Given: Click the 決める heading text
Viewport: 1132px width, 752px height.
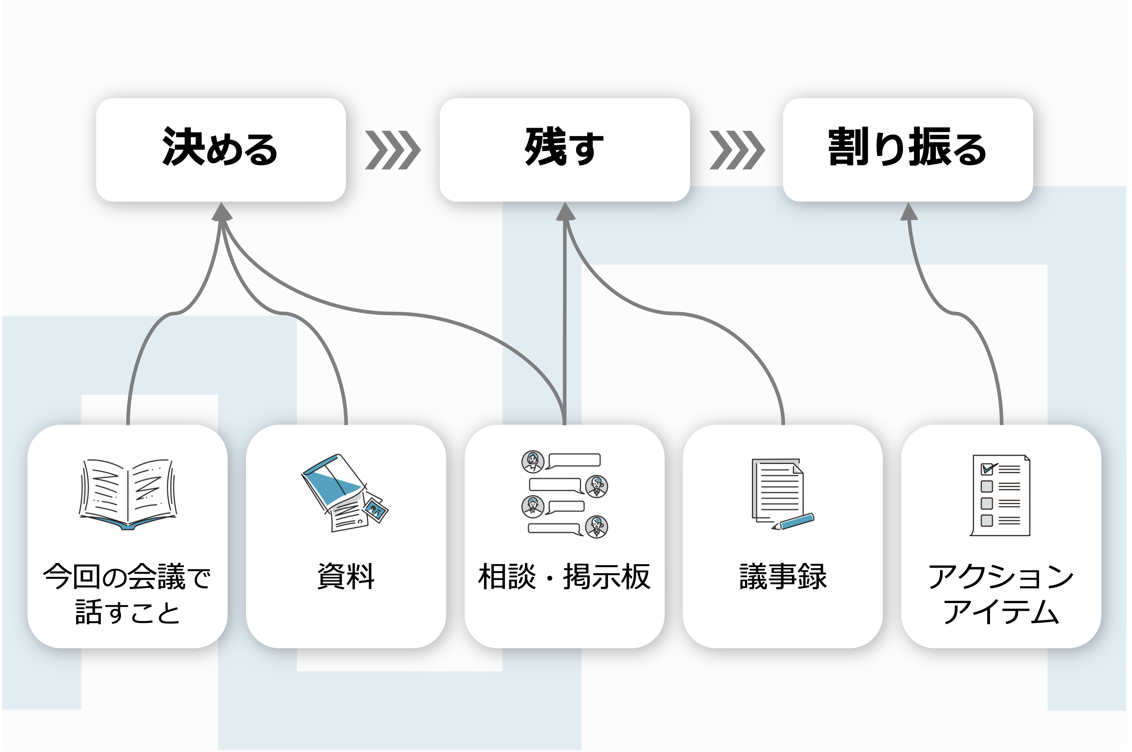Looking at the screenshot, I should [220, 147].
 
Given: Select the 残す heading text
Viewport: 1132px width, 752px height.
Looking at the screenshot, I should [564, 147].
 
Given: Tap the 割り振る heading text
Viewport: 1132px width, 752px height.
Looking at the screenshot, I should [907, 147].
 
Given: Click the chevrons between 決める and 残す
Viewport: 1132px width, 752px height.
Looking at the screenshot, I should [393, 150].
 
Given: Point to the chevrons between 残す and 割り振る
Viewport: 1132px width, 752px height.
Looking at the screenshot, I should [737, 150].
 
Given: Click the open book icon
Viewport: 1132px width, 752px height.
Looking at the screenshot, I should [128, 494].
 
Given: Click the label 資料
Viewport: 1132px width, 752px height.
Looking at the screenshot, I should [346, 577].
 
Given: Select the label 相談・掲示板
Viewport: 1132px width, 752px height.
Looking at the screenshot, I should [564, 577].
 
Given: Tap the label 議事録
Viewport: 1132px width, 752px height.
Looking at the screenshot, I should [783, 577].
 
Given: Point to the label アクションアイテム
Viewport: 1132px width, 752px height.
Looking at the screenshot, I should [1001, 594].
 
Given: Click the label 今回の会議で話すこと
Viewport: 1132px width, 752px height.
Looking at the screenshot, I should [127, 594].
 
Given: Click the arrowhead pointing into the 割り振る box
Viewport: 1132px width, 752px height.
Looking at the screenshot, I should [909, 212].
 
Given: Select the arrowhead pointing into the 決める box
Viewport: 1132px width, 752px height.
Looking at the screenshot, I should [222, 212].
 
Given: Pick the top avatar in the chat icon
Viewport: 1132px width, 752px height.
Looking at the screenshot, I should [533, 462].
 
